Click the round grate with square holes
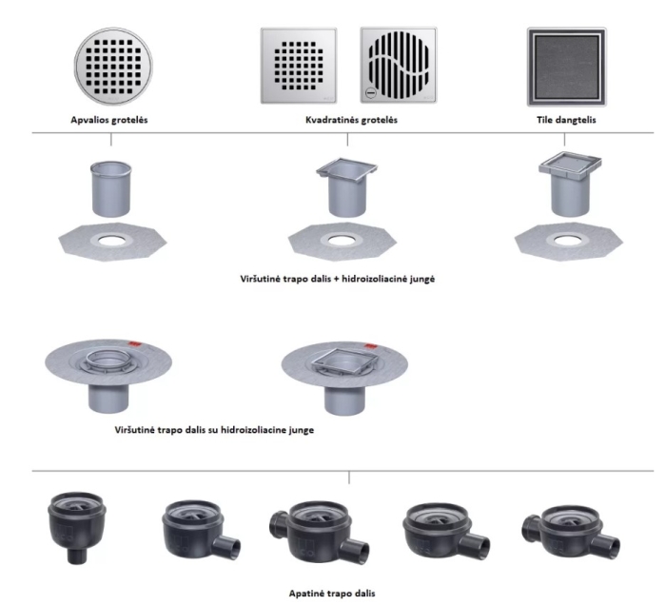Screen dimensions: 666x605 [113, 67]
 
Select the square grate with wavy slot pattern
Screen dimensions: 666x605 [399, 65]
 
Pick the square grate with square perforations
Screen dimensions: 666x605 [299, 66]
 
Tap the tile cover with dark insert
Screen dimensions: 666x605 [567, 67]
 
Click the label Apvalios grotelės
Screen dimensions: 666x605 [109, 120]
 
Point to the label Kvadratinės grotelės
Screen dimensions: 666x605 [351, 120]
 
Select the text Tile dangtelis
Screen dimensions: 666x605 [566, 120]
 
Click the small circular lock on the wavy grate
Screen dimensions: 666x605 [371, 92]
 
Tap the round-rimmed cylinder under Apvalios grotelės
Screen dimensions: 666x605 [111, 189]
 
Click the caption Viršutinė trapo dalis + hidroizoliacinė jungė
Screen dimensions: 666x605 [338, 279]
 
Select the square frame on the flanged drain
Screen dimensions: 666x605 [344, 360]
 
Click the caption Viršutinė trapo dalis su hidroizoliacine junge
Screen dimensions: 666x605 [214, 430]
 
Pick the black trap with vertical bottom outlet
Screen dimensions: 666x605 [77, 526]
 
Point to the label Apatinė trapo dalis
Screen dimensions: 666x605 [332, 594]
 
